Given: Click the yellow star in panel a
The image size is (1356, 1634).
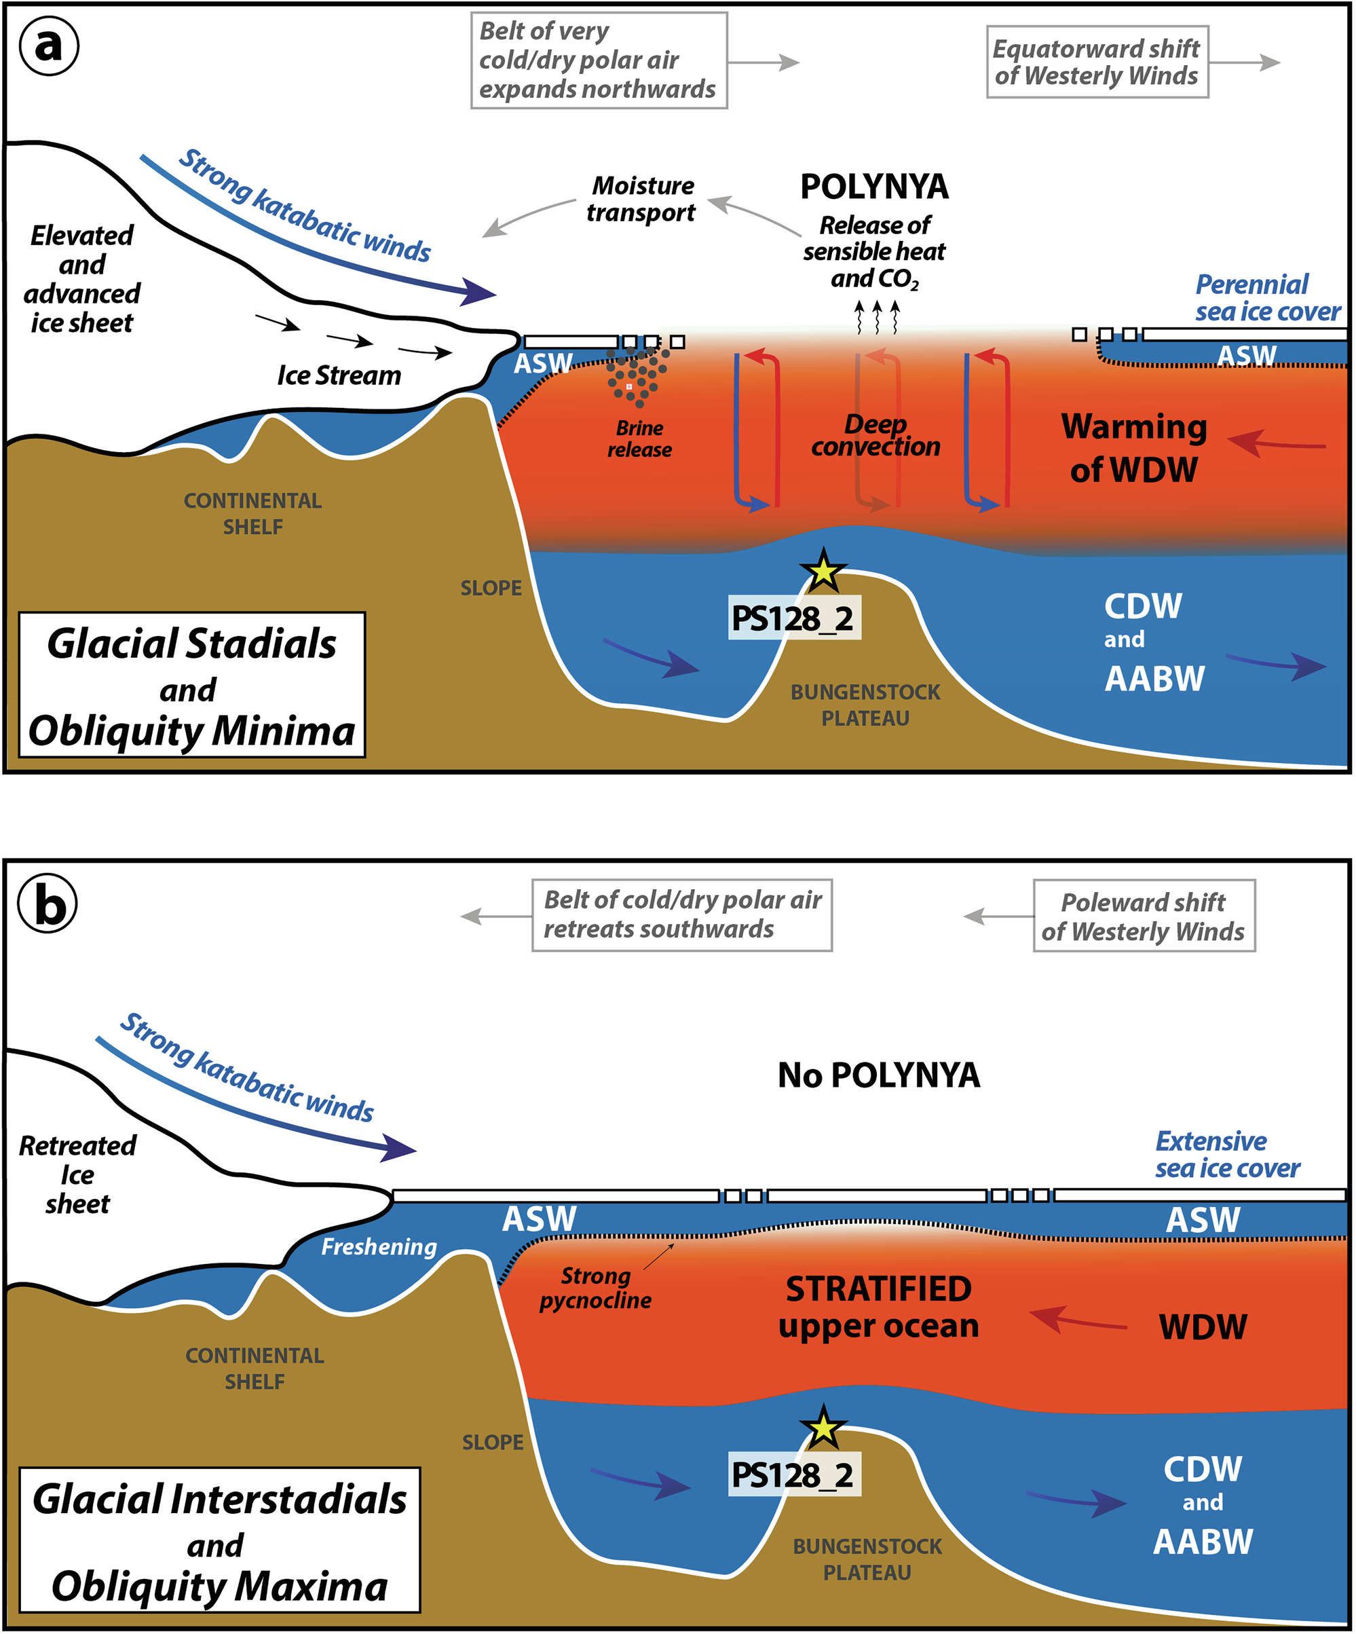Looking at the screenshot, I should tap(823, 572).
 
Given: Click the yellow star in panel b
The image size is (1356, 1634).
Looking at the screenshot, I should tap(823, 1428).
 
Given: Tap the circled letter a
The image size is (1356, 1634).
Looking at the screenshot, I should tap(48, 46).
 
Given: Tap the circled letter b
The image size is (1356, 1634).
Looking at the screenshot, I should tap(48, 904).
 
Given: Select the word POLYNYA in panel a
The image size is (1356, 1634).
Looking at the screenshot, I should tap(874, 187).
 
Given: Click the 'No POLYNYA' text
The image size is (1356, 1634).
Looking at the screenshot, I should tap(878, 1075).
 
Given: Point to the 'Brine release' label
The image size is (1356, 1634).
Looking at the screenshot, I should tap(639, 439).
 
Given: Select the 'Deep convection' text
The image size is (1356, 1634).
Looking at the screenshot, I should tap(875, 436).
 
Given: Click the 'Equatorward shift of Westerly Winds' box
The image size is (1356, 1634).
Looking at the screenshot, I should tap(1097, 62).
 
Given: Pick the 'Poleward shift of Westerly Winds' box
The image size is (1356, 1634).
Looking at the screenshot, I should tap(1143, 916).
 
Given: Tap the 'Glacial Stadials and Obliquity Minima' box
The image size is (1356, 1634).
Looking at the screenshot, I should tap(191, 686).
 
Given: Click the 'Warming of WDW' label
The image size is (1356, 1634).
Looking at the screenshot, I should tap(1133, 448).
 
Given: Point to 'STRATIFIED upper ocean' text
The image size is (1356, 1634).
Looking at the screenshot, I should tap(878, 1306).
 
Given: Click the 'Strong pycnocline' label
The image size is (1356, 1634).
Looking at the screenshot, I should tap(595, 1288).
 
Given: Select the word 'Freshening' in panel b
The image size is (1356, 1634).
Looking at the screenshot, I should tap(379, 1247).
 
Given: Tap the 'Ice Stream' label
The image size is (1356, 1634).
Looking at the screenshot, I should tap(339, 376).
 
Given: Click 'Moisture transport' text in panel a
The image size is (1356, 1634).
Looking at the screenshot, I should tap(642, 199).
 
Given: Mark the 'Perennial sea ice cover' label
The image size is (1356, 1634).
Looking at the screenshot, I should tap(1266, 298).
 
